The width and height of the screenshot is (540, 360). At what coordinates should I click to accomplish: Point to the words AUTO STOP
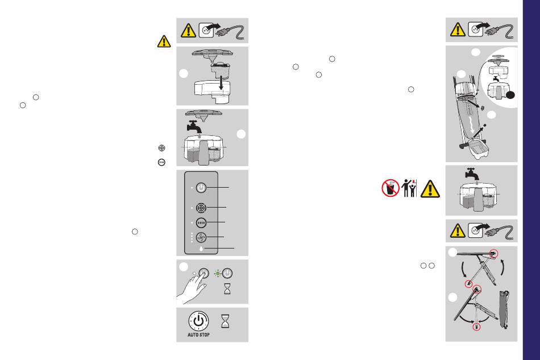198,335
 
